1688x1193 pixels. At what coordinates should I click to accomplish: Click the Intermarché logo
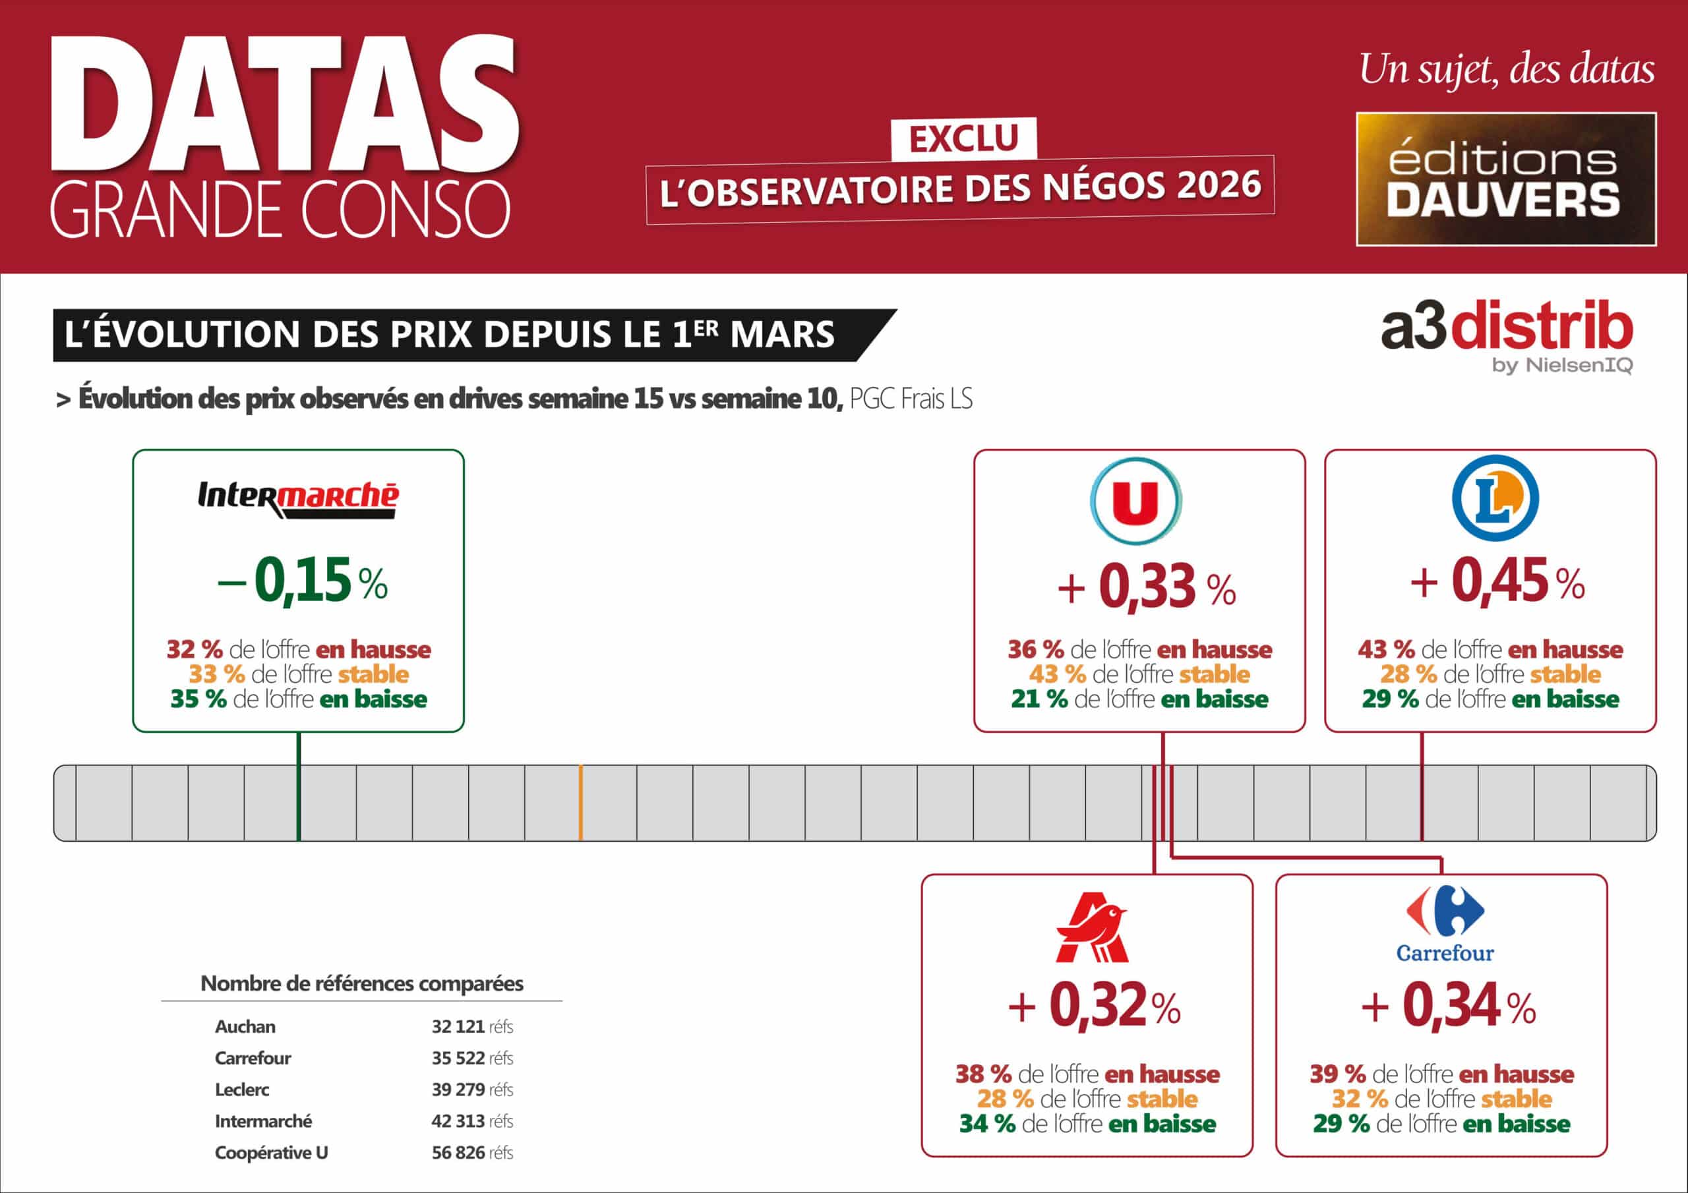(x=298, y=499)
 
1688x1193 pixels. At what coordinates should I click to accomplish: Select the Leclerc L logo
(x=1495, y=498)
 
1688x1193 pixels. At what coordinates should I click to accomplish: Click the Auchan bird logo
(x=1091, y=927)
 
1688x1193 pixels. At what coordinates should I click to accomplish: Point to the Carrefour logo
(x=1445, y=924)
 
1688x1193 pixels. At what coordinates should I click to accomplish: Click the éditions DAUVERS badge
(x=1505, y=179)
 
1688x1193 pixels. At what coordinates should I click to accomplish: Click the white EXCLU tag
(x=963, y=138)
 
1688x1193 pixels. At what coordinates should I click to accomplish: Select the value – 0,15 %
(x=302, y=581)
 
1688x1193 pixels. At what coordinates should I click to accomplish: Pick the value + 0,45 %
(x=1496, y=581)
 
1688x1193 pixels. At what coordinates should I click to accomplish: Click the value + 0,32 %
(x=1094, y=1006)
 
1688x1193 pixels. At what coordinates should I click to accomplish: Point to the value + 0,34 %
(x=1449, y=1006)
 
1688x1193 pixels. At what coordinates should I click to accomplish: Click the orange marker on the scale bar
(x=580, y=803)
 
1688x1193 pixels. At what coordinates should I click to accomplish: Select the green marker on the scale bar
(x=299, y=803)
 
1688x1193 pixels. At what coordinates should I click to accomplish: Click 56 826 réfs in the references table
(x=472, y=1153)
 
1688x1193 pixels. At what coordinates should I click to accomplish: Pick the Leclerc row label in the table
(x=242, y=1090)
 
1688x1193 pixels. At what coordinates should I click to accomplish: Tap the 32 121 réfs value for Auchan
(x=472, y=1026)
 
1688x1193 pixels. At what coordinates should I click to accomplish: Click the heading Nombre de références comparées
(x=362, y=983)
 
